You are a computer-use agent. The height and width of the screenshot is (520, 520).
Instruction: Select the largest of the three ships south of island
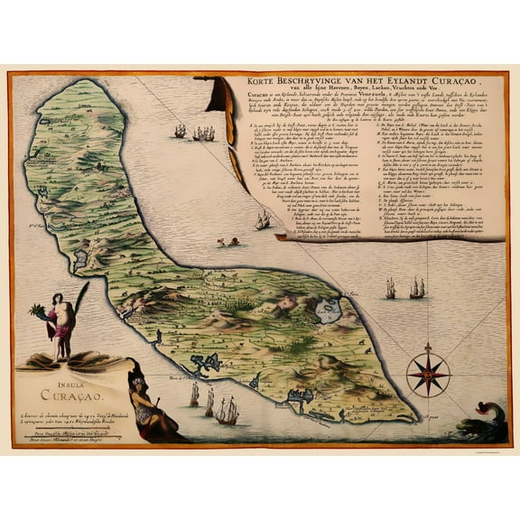tap(227, 410)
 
